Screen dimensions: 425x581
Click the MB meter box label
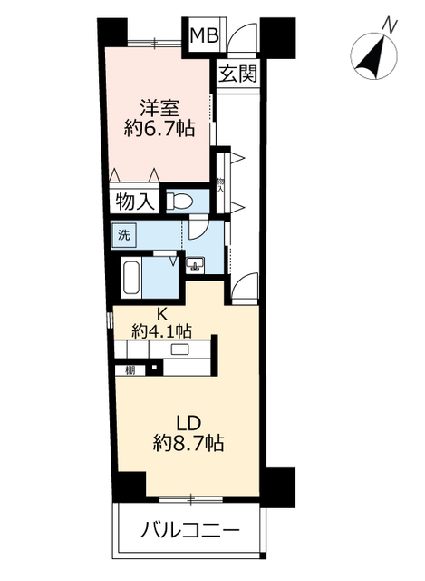(204, 35)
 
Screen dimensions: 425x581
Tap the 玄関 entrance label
(237, 74)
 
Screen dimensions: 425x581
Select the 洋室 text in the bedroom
(159, 108)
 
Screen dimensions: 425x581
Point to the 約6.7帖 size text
(159, 129)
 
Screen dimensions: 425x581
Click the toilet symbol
(179, 202)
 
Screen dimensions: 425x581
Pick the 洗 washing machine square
(124, 234)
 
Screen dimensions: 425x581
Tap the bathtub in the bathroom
(131, 277)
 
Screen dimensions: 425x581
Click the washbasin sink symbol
(194, 264)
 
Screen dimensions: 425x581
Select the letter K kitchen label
(161, 315)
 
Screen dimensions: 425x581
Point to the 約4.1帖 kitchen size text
(161, 330)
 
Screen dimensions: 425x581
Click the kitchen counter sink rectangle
(179, 349)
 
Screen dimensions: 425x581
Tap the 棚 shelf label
(130, 369)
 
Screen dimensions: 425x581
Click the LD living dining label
(188, 423)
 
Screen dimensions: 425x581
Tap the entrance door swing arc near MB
(241, 35)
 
